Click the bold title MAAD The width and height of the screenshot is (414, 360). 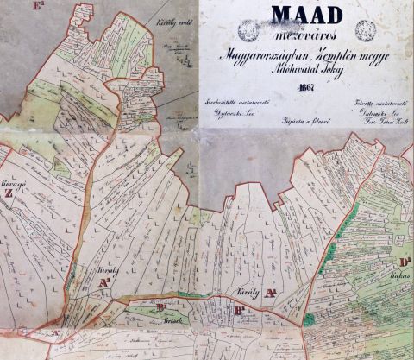306,13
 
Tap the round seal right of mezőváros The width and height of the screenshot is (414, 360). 366,30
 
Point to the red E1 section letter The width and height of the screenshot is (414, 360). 37,7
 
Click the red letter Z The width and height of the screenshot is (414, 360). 9,193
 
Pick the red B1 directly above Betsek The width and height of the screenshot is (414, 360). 161,306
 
